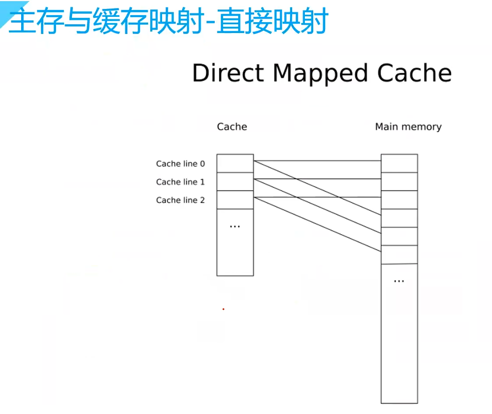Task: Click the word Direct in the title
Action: (x=229, y=73)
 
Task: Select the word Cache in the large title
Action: (x=414, y=73)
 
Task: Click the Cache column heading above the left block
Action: (x=232, y=127)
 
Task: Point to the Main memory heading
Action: (x=408, y=127)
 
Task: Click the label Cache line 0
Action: (x=180, y=164)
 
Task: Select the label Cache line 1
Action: (x=180, y=182)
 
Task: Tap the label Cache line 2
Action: (x=180, y=200)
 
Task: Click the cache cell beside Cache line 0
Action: (x=235, y=163)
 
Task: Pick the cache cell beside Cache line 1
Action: (x=235, y=182)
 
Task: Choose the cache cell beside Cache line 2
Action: (x=235, y=200)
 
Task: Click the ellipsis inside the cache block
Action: (x=235, y=226)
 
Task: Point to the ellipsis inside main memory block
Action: (x=399, y=281)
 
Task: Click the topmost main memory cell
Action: (x=399, y=163)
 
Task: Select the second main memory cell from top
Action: (x=399, y=182)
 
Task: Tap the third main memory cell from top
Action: (x=399, y=200)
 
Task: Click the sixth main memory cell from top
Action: (x=399, y=255)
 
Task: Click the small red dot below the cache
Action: (x=223, y=309)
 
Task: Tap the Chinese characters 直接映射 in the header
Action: (x=272, y=22)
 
